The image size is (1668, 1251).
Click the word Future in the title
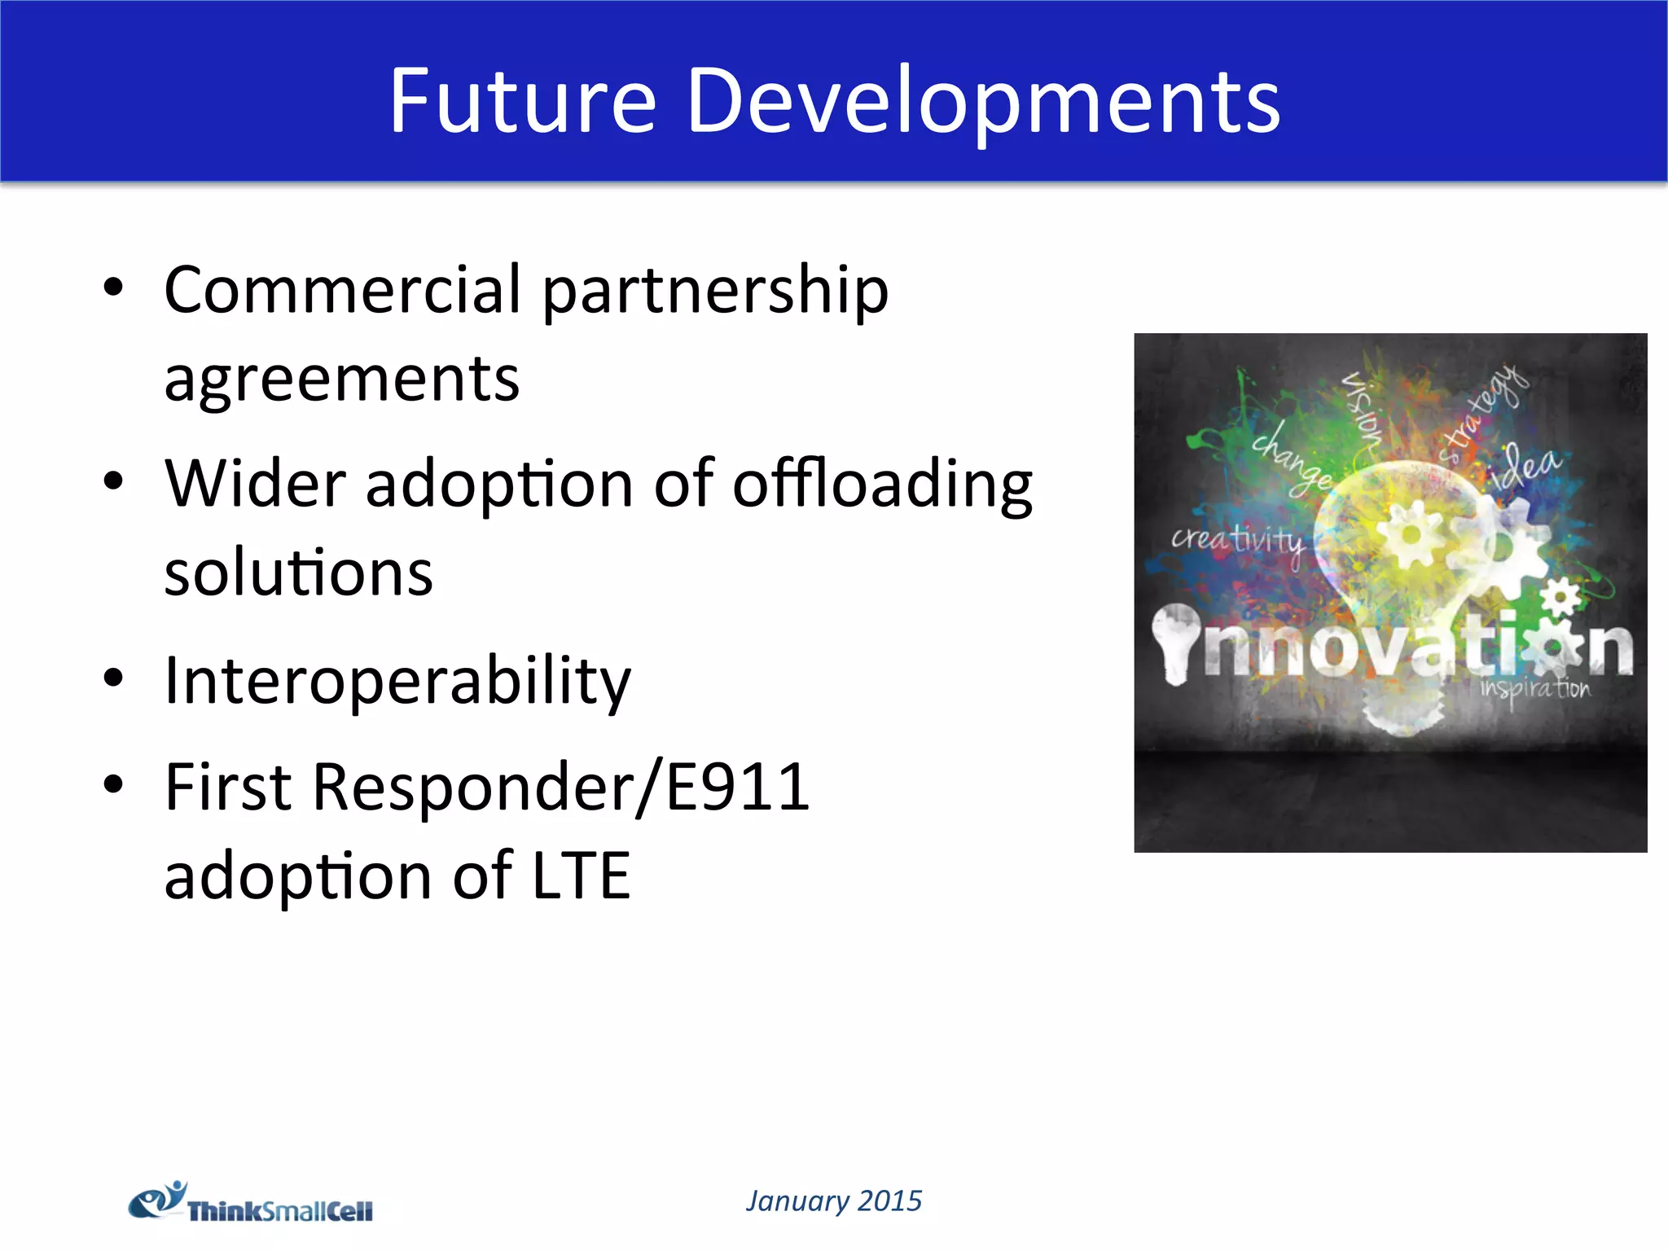522,101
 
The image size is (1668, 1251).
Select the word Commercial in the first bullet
342,290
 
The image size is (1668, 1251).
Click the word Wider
255,484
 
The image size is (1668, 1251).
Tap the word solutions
298,573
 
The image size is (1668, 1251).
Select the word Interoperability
397,681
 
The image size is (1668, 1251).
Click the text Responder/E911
560,788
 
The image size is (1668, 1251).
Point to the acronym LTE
581,876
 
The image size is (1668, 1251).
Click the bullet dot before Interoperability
113,678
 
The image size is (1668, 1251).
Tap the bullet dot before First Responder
113,784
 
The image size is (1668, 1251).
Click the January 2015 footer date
833,1201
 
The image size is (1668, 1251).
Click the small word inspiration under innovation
1534,690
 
